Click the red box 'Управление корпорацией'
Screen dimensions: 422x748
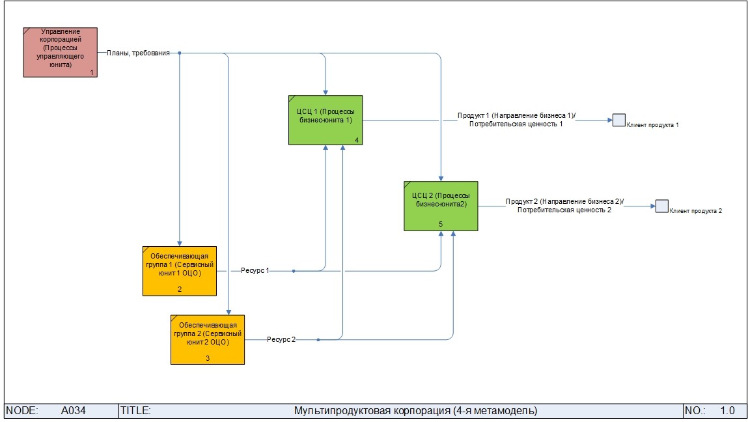pos(61,52)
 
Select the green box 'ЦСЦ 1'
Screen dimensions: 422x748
pos(326,120)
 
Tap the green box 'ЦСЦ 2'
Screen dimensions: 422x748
pos(441,205)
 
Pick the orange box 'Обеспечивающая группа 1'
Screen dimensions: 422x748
pos(179,270)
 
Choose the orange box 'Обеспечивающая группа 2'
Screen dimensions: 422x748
pos(208,339)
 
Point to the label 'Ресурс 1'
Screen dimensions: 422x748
pos(255,270)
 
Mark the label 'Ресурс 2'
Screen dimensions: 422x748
pos(281,340)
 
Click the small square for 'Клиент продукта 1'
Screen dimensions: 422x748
pos(618,120)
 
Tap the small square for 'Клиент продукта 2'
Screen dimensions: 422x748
pos(662,206)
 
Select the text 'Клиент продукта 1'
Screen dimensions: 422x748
pos(653,124)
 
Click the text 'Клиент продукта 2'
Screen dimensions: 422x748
pos(696,211)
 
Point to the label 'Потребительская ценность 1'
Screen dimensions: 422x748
pos(516,124)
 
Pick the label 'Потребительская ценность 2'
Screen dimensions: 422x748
pos(564,210)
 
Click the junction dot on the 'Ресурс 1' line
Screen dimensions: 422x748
pos(294,270)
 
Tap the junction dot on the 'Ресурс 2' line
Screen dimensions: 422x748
pos(318,340)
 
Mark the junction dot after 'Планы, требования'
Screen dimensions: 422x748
pos(179,53)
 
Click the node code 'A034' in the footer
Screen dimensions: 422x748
pos(74,411)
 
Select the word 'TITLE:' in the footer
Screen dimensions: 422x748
pos(135,411)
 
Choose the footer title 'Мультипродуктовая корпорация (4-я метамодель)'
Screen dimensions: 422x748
pos(415,411)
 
